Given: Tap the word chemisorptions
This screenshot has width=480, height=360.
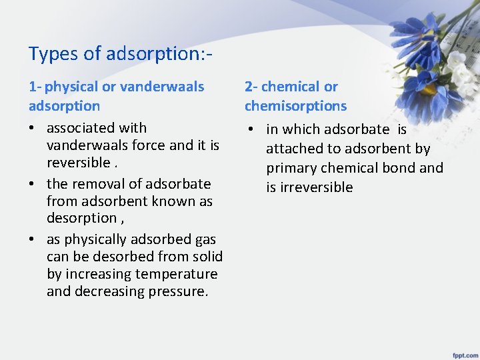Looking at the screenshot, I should click(x=295, y=106).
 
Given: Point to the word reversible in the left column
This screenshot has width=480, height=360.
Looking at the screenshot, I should click(x=78, y=163).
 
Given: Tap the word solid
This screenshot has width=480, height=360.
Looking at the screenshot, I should click(x=207, y=257).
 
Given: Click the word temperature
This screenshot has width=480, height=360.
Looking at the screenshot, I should click(x=176, y=274).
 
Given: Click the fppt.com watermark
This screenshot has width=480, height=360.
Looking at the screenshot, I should click(x=463, y=352).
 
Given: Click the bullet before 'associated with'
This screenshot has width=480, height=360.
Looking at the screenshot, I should click(x=33, y=128).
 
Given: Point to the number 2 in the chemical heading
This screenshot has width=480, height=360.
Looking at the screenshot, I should click(x=249, y=87).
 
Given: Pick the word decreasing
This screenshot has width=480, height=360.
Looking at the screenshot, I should click(x=103, y=291).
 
